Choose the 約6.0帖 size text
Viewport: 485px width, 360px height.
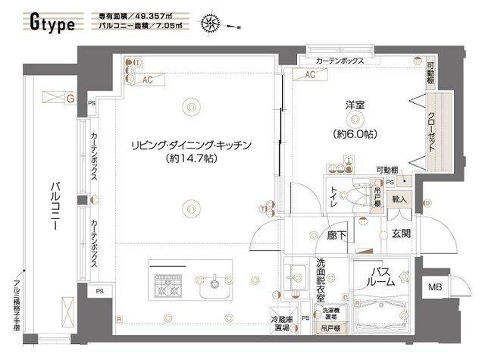[x=355, y=134]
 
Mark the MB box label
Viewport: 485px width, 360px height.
[x=434, y=287]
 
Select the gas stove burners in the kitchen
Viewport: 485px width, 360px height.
[x=167, y=286]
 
